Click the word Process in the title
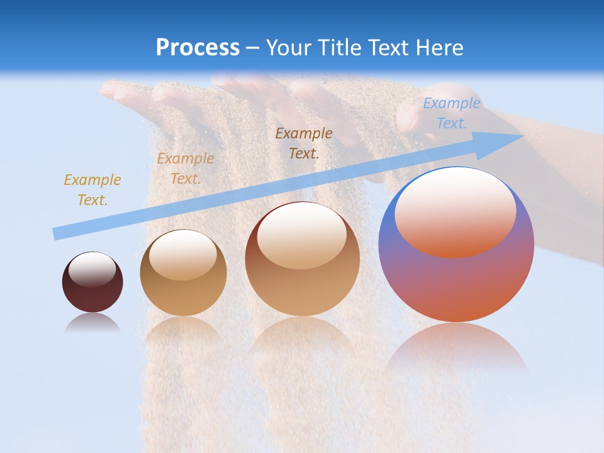(x=198, y=48)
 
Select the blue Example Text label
(x=451, y=113)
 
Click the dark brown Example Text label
(x=304, y=143)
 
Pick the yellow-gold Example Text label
(x=92, y=190)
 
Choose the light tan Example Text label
(x=185, y=169)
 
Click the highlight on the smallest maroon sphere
(x=92, y=269)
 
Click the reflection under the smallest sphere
(x=92, y=323)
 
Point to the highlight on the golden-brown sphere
(x=183, y=255)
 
